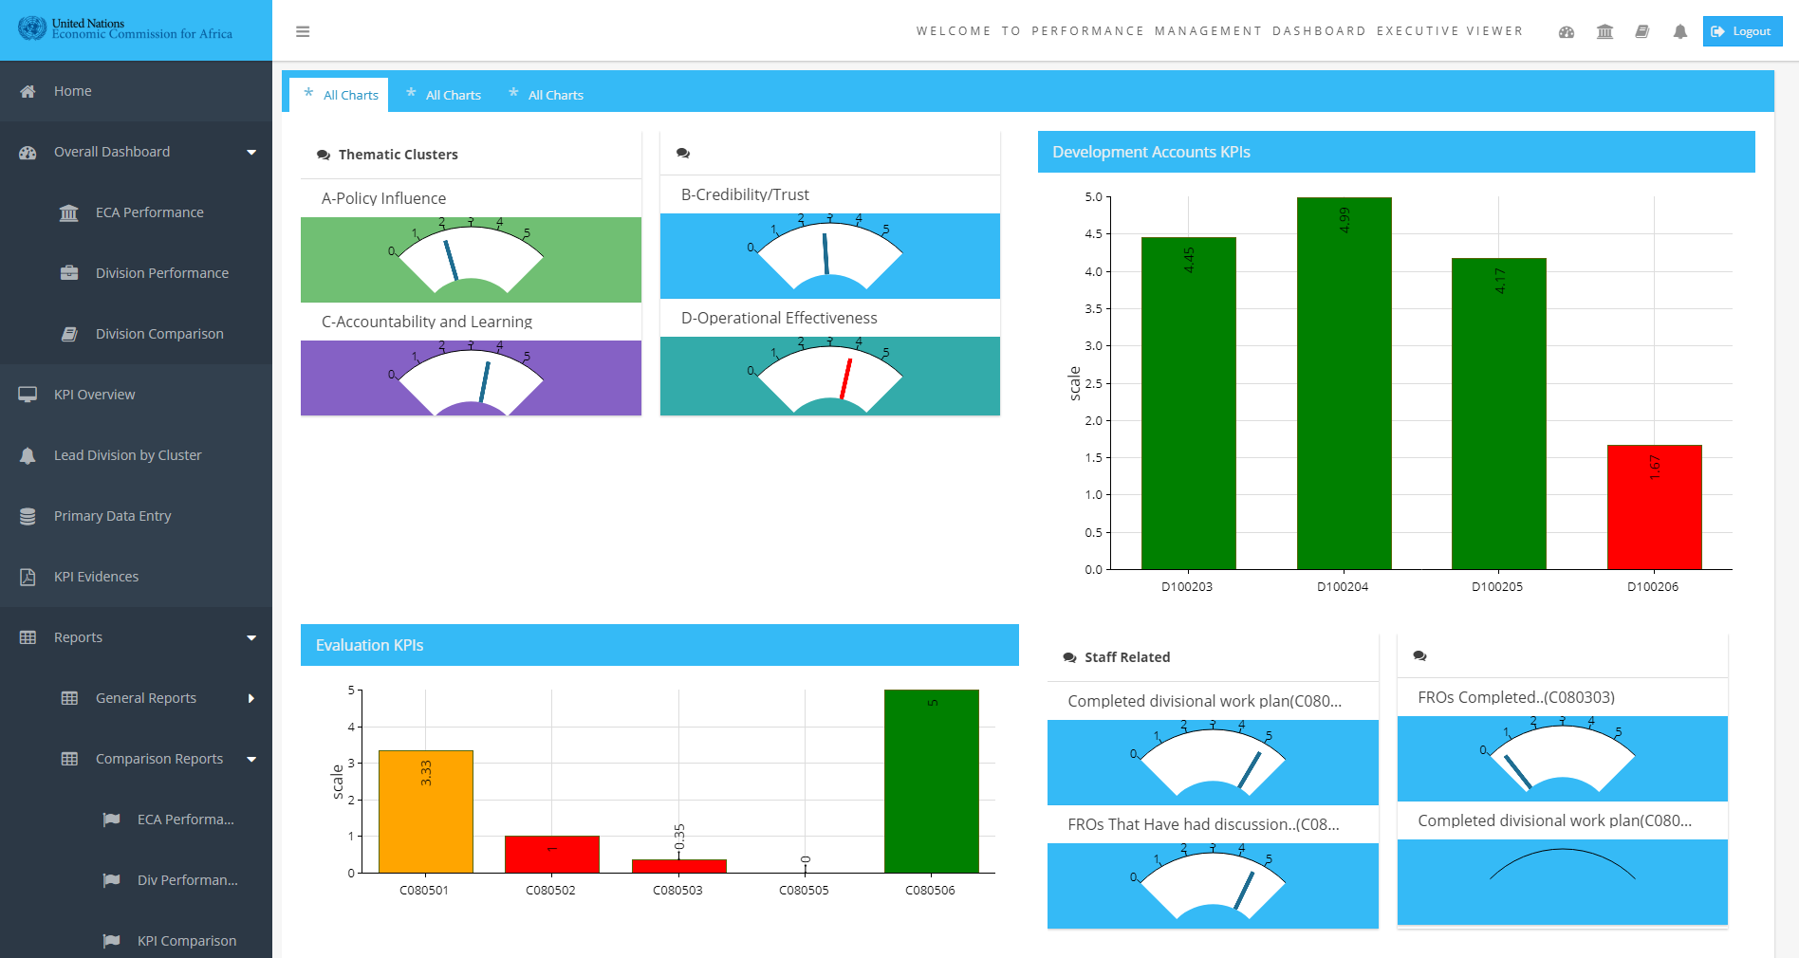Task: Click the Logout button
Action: coord(1742,31)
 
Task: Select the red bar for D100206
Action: coord(1654,507)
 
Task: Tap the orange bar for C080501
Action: coord(425,812)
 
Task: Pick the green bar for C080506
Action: coord(931,782)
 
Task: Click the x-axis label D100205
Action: coord(1497,587)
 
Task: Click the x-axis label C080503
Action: coord(677,891)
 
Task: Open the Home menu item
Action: coord(73,91)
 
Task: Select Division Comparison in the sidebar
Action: coord(159,334)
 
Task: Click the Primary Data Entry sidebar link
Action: coord(112,516)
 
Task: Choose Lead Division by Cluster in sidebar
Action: coord(127,455)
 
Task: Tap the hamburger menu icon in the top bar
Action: coord(303,31)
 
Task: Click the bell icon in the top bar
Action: coord(1679,31)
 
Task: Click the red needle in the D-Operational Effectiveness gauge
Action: coord(845,378)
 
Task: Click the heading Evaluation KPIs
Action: coord(369,645)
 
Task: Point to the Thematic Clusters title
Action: coord(398,155)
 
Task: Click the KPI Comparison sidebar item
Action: coord(186,941)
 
